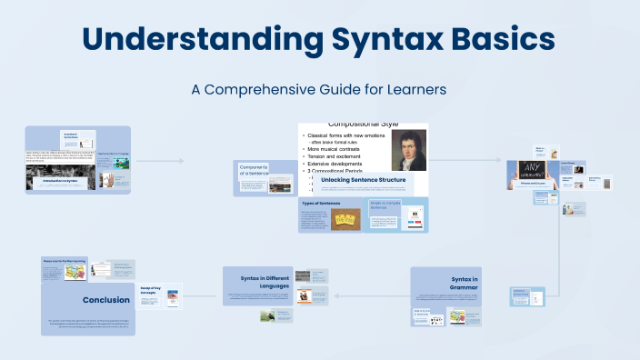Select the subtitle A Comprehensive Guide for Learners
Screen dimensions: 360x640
coord(319,90)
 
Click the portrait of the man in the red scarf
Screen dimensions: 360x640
coord(408,151)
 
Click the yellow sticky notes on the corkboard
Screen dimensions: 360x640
coord(345,218)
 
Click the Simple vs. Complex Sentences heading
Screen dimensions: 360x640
coord(384,205)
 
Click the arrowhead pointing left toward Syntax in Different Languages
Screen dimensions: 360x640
coord(336,295)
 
